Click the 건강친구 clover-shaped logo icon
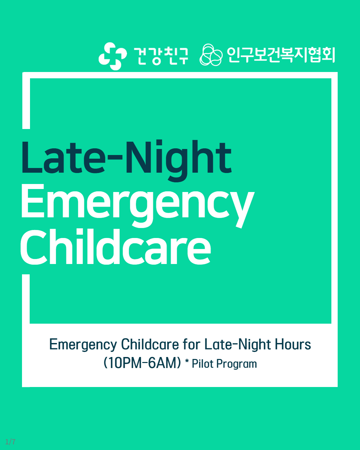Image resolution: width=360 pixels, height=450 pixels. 113,56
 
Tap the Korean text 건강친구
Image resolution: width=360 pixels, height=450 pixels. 161,56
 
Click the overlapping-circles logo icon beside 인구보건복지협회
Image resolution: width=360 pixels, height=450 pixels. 211,55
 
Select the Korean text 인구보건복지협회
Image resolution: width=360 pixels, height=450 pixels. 281,55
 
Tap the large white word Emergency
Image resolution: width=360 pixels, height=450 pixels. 138,206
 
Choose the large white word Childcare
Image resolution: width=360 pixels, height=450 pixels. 116,247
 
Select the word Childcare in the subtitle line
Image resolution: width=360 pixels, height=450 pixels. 150,344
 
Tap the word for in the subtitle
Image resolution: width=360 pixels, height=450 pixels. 192,344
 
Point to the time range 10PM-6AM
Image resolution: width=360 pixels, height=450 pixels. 142,363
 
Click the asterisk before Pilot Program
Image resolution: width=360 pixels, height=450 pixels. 187,361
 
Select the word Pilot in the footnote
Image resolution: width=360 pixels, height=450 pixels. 202,364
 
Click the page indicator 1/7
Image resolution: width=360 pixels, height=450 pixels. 10,442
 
